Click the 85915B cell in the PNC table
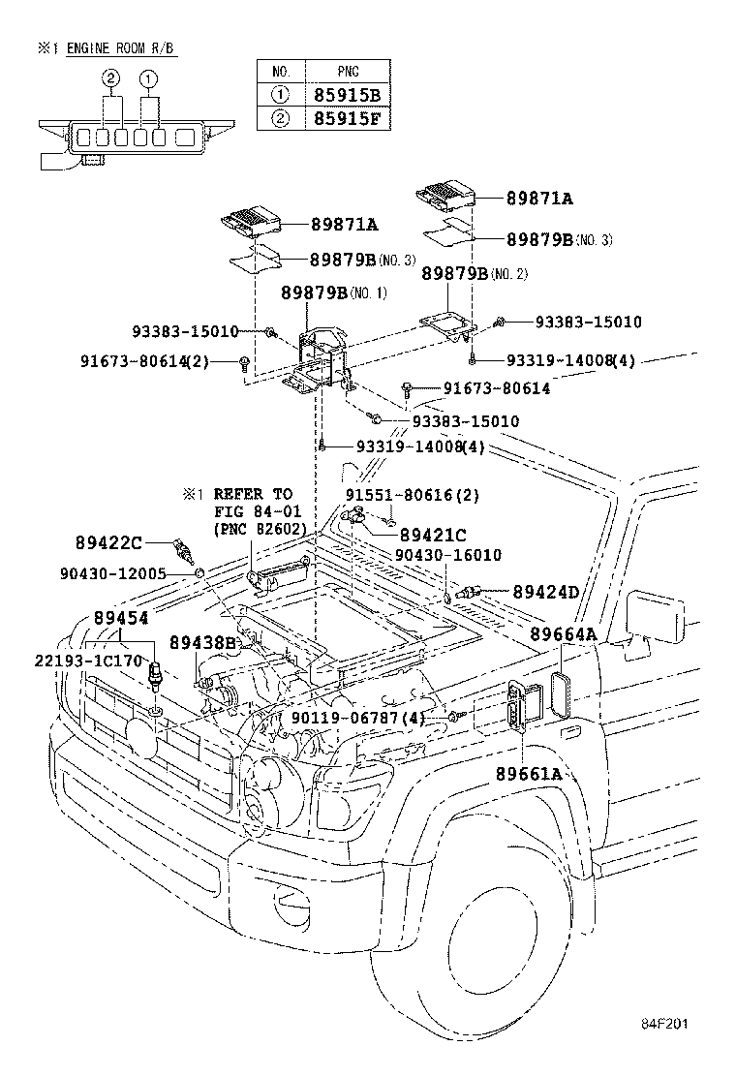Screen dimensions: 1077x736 tap(350, 95)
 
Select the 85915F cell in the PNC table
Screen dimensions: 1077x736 tap(350, 119)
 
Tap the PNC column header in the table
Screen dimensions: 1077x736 tap(350, 71)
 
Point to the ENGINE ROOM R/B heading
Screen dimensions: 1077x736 tap(121, 48)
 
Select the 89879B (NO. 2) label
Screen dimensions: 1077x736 tap(475, 274)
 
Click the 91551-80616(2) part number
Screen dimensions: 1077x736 tap(399, 494)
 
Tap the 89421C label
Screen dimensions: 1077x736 tap(433, 535)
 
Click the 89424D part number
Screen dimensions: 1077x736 tap(545, 591)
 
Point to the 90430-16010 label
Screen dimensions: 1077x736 tap(448, 555)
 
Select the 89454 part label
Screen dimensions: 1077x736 tap(121, 618)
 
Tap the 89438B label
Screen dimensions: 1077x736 tap(202, 642)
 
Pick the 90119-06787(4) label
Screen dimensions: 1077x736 tap(357, 718)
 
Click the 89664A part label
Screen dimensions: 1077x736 tap(562, 634)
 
